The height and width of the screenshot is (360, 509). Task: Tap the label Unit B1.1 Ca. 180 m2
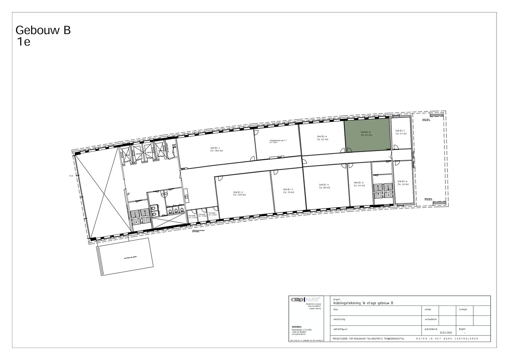coord(216,150)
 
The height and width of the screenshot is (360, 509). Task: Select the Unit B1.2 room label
coord(239,193)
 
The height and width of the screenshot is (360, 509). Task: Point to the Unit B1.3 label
coord(288,191)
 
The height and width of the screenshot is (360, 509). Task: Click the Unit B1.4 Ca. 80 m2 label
coord(324,186)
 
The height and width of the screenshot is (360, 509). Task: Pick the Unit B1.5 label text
coord(359,184)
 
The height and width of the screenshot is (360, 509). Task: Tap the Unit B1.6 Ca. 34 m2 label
coord(403,183)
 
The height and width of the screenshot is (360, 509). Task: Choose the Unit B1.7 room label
coord(401,132)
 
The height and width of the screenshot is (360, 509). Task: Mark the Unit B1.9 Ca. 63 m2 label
coord(322,138)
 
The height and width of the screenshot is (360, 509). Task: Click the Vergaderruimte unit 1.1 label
coord(278,141)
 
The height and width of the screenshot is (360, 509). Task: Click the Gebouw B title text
coord(43,30)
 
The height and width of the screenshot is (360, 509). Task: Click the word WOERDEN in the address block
coord(297,327)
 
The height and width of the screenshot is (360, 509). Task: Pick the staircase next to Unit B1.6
coord(383,190)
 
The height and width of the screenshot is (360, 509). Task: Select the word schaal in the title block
coord(428,309)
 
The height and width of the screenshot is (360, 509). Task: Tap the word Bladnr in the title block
coord(463,329)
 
